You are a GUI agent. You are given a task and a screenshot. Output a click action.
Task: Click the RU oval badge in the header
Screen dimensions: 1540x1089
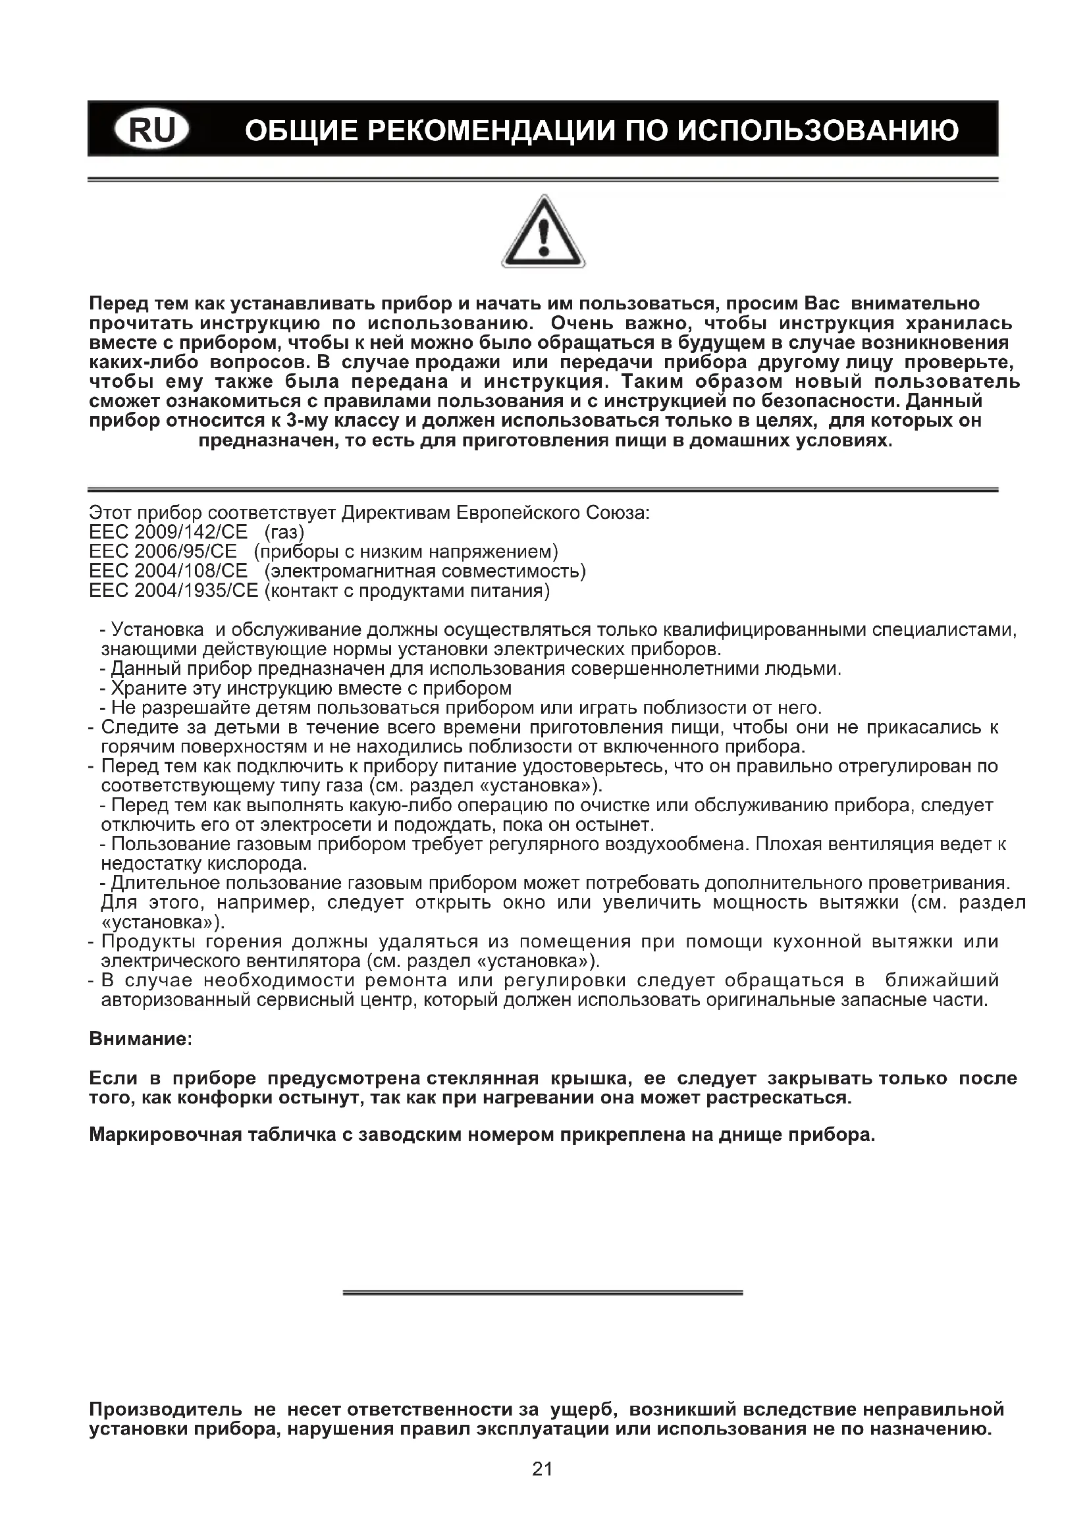click(x=151, y=130)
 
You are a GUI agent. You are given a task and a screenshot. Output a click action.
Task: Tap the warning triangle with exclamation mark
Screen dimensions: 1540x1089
click(x=543, y=232)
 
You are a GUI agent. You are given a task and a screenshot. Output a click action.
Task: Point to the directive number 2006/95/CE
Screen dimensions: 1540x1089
click(x=186, y=552)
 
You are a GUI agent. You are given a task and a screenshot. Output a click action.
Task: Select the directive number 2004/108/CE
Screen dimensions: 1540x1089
click(x=191, y=571)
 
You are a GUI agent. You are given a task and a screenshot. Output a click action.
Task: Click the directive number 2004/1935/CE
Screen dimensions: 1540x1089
click(x=196, y=591)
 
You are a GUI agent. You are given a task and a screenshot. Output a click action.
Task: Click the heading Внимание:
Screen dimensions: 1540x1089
click(x=141, y=1039)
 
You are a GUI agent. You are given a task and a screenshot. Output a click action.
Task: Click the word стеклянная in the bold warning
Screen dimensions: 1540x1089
click(x=482, y=1078)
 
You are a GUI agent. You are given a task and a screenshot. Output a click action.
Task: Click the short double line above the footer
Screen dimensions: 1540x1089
click(x=543, y=1292)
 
